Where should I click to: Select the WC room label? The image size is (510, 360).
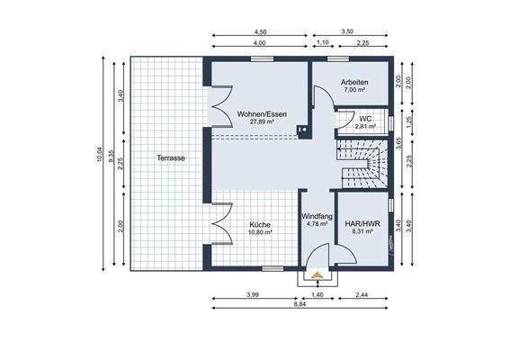click(365, 118)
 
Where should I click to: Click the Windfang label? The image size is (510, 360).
click(316, 215)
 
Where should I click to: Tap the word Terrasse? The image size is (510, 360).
click(170, 157)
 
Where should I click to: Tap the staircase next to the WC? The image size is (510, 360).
click(363, 161)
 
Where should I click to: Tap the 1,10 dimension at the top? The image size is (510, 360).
click(321, 43)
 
